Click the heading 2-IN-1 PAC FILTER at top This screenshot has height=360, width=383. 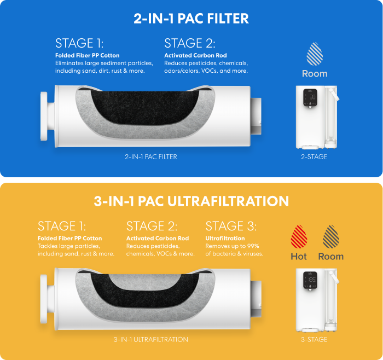click(x=191, y=19)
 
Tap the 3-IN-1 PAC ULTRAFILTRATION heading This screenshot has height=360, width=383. click(x=191, y=201)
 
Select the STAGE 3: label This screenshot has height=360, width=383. click(x=231, y=226)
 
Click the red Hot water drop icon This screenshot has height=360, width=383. click(x=299, y=236)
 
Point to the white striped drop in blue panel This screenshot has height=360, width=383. click(x=315, y=54)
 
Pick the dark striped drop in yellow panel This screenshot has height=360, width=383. click(x=330, y=236)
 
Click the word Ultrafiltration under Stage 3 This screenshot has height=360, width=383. click(x=225, y=239)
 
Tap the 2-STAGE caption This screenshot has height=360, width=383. click(x=314, y=157)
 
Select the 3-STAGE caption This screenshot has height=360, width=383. click(x=314, y=340)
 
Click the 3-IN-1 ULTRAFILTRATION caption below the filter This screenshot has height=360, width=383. click(x=150, y=340)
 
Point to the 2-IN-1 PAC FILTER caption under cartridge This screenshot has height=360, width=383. click(x=150, y=157)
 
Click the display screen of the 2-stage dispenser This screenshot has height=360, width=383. click(x=310, y=98)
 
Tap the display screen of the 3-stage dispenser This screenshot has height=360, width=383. click(x=310, y=280)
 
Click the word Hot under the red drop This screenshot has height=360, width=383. click(x=299, y=257)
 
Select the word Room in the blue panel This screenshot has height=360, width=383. click(x=315, y=73)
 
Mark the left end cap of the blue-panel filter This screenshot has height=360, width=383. click(x=44, y=116)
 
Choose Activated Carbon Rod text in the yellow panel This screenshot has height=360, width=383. click(x=158, y=239)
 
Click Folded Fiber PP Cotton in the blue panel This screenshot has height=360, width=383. click(x=87, y=55)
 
